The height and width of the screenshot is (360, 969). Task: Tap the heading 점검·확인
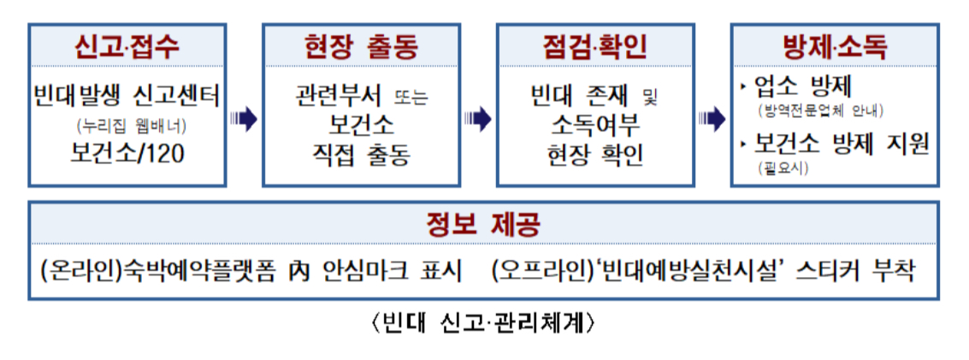point(594,45)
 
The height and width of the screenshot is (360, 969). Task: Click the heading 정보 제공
point(483,225)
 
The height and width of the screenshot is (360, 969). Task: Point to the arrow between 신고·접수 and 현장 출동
point(244,119)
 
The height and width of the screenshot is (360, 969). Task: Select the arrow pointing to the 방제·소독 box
point(712,119)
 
